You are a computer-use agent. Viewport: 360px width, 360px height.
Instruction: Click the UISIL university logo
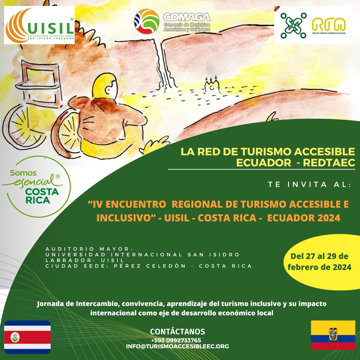click(39, 25)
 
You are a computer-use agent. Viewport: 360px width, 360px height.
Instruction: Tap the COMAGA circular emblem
click(146, 21)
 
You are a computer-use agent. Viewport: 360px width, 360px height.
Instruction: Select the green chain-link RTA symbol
click(294, 25)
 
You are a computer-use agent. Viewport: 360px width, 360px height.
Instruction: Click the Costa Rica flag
click(27, 337)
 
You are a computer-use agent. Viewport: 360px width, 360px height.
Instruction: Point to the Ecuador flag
click(333, 335)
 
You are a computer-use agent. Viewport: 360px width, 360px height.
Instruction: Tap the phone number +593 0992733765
click(176, 340)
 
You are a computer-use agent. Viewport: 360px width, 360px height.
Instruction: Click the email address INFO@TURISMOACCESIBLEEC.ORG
click(177, 346)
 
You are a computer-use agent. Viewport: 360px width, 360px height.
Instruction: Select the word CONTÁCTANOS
click(177, 332)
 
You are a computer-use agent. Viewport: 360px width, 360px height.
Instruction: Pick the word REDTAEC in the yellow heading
click(329, 163)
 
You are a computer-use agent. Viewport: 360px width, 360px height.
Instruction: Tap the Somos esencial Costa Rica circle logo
click(37, 186)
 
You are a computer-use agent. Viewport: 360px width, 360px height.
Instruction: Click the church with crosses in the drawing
click(212, 84)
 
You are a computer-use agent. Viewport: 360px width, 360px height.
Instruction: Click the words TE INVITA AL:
click(310, 185)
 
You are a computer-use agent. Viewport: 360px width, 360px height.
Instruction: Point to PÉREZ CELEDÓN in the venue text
click(150, 266)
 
